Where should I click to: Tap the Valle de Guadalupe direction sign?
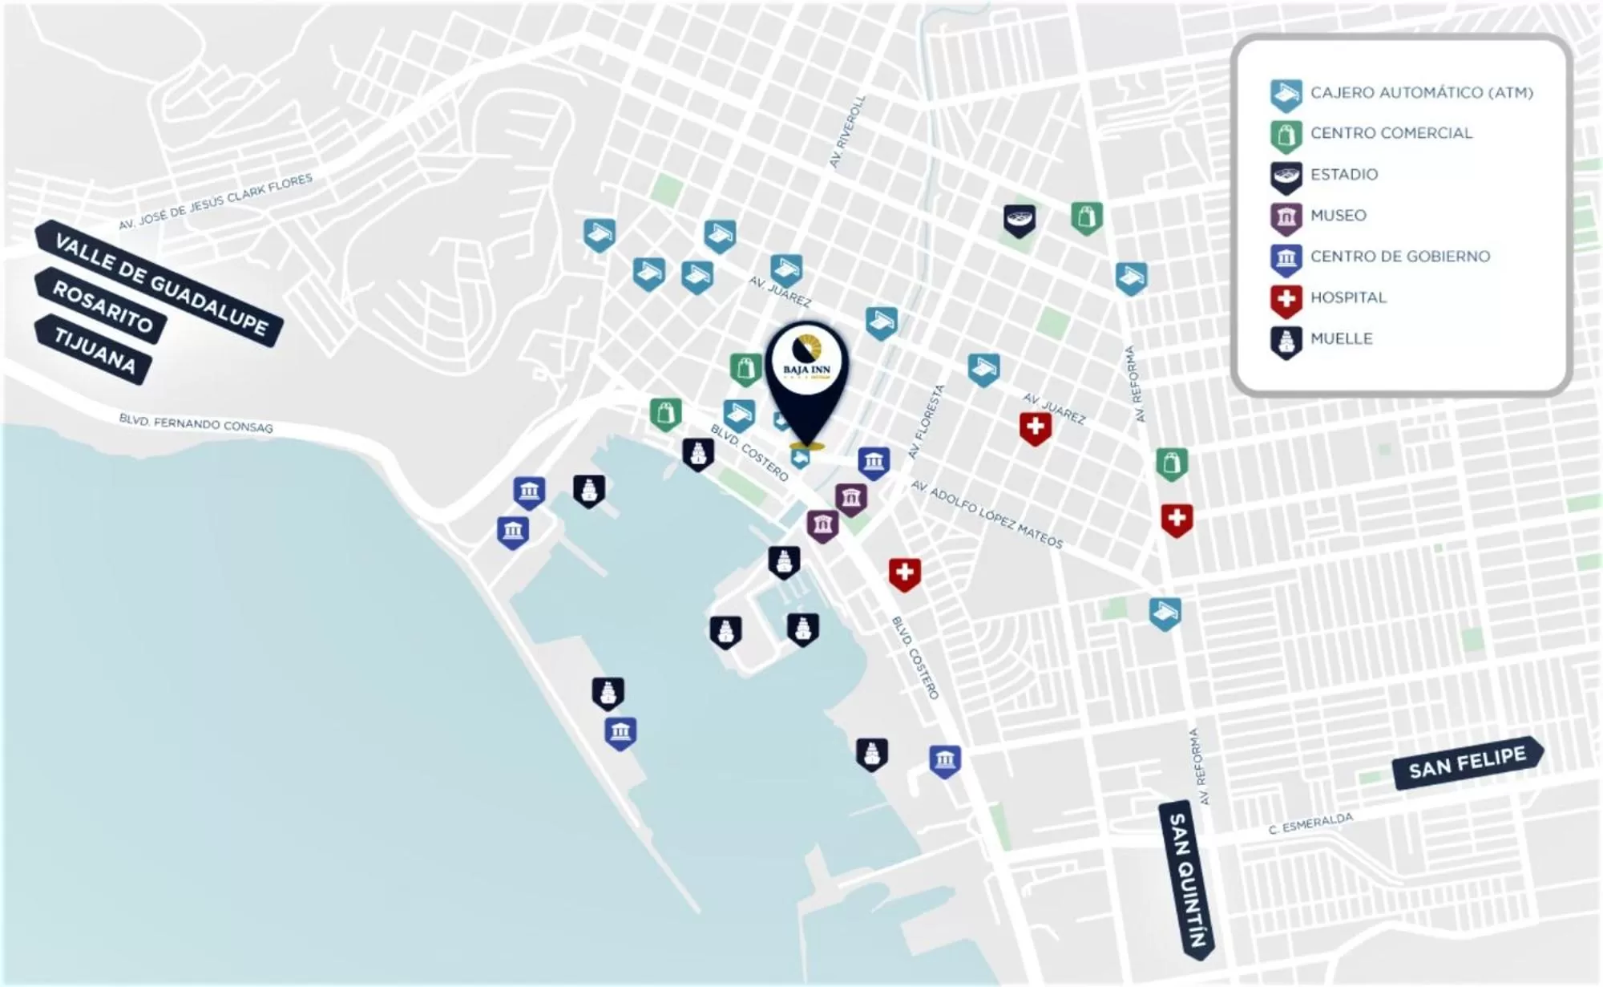pos(159,283)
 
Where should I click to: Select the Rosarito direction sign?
pos(101,306)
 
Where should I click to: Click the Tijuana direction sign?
pos(94,350)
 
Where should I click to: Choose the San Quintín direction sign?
pos(1187,879)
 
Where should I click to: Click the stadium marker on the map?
pos(1020,220)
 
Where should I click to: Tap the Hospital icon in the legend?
pos(1286,299)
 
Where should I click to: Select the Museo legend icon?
pos(1286,216)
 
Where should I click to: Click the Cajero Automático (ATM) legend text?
pos(1421,93)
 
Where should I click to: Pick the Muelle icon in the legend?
pos(1286,341)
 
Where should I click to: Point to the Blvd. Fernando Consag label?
pos(196,423)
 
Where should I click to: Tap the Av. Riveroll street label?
pos(847,131)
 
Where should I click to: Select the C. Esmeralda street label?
pos(1310,823)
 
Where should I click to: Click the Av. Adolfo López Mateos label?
pos(987,515)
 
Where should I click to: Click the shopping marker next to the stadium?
pos(1087,217)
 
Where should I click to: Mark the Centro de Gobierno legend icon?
pos(1286,258)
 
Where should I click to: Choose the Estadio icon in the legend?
pos(1286,176)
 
